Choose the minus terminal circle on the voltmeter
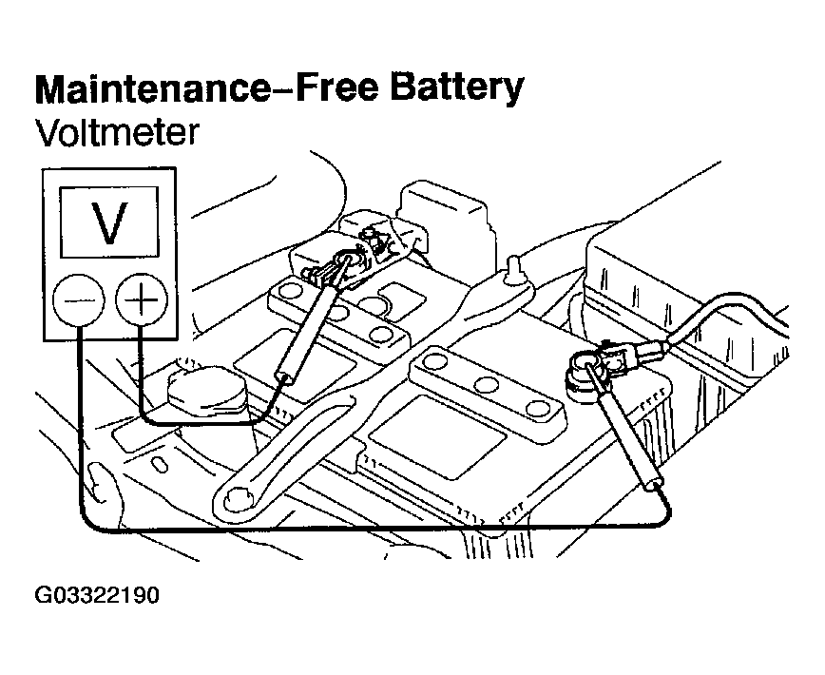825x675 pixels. [x=81, y=301]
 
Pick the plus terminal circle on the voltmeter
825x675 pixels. [x=141, y=301]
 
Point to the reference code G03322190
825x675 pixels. [x=97, y=596]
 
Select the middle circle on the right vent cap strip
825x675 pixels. [x=488, y=384]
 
